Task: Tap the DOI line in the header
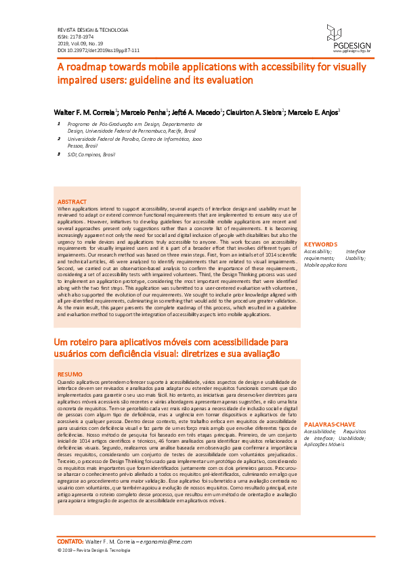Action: pyautogui.click(x=98, y=50)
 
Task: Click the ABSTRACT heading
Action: pyautogui.click(x=72, y=202)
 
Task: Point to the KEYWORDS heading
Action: pyautogui.click(x=320, y=244)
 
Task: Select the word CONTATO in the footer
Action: pyautogui.click(x=69, y=542)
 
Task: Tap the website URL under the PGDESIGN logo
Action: pyautogui.click(x=351, y=50)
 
